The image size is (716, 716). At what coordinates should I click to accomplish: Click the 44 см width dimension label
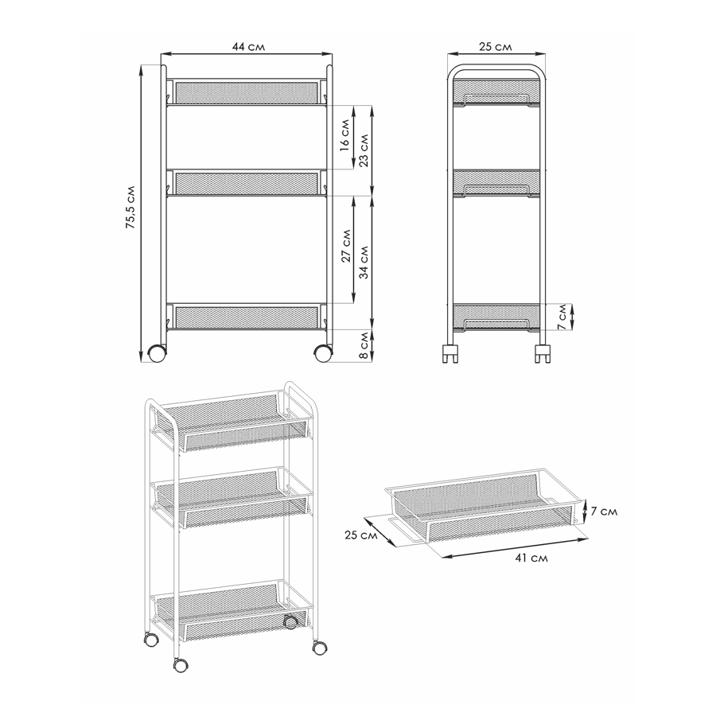click(x=248, y=47)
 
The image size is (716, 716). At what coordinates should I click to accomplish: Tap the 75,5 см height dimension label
click(x=130, y=208)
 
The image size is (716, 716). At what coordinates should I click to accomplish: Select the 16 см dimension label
click(x=345, y=135)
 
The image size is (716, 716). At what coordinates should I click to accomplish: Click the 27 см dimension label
click(x=346, y=246)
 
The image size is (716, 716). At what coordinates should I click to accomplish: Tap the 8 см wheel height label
click(x=364, y=346)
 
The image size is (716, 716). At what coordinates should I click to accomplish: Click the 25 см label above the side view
click(x=496, y=47)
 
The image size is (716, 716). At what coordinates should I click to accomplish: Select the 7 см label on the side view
click(x=562, y=317)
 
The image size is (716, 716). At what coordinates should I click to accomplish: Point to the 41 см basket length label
click(x=531, y=558)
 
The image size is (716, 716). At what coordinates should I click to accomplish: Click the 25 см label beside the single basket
click(x=360, y=535)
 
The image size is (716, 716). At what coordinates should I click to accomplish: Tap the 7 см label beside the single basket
click(x=604, y=511)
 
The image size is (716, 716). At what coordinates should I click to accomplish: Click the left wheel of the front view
click(x=157, y=353)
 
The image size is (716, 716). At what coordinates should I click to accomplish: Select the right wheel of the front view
click(x=323, y=353)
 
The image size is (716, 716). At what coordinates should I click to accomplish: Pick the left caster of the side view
click(x=450, y=353)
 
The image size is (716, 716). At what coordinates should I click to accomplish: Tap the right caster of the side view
click(x=543, y=353)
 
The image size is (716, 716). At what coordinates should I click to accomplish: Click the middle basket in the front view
click(x=247, y=183)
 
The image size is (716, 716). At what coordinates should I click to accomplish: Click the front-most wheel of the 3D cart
click(x=181, y=665)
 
